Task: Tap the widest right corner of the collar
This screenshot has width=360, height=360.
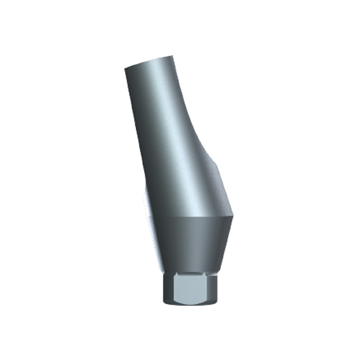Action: [x=235, y=220]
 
